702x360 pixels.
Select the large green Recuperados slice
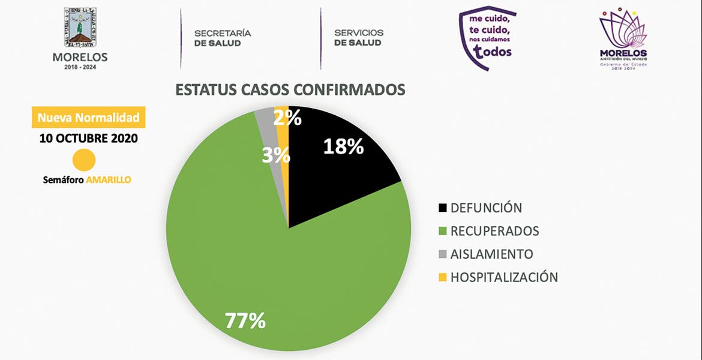coord(240,252)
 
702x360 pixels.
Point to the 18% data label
coord(343,146)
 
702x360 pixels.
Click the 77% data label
coord(245,321)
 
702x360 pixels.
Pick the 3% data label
coord(276,156)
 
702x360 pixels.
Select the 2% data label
coord(287,118)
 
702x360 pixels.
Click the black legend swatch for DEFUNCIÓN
coord(443,208)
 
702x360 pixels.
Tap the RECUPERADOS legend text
coord(494,231)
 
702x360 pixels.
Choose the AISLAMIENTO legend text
coord(491,254)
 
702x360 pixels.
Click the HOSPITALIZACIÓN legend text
coord(504,277)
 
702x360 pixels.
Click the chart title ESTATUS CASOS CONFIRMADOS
coord(290,89)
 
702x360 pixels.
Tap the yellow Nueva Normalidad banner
coord(88,118)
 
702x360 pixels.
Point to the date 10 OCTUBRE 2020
coord(88,138)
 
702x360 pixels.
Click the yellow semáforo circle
coord(84,161)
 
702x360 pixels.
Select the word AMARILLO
coord(109,179)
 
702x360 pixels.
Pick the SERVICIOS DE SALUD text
coord(358,38)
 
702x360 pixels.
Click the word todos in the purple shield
coord(493,52)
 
